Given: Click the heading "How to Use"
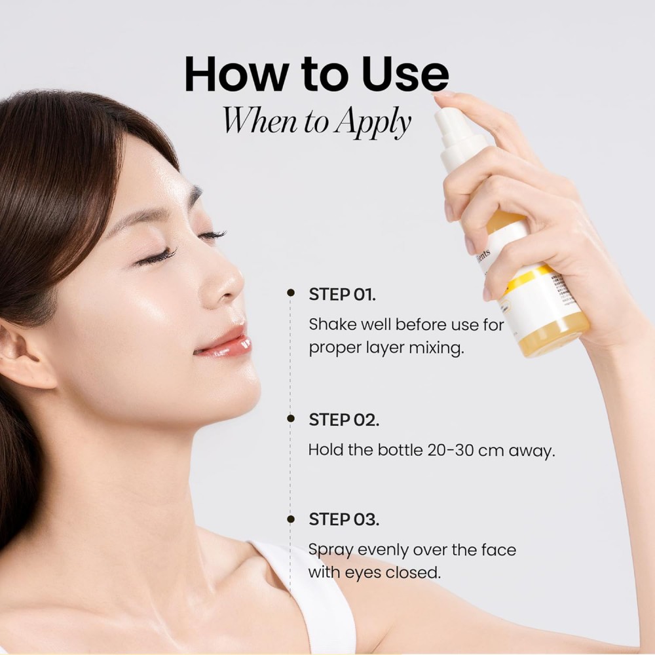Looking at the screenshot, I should pos(316,75).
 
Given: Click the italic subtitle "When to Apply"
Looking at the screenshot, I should pos(316,121).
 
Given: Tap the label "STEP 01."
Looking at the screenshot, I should pos(342,294).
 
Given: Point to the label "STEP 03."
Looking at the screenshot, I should pos(343,520).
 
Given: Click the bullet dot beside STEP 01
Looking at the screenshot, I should pos(291,293).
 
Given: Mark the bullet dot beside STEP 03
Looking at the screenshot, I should pos(291,519).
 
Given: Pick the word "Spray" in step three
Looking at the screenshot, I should pos(330,550).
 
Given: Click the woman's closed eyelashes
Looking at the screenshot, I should pos(157,255).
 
